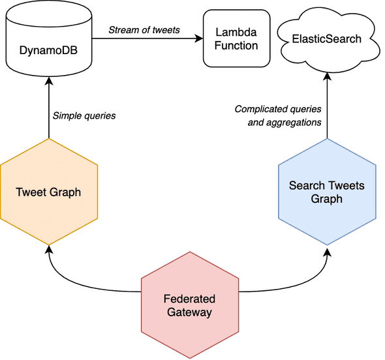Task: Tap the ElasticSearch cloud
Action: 326,39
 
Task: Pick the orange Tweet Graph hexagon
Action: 49,192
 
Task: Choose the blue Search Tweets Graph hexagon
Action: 326,192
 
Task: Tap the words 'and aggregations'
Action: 285,122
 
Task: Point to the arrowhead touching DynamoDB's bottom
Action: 49,78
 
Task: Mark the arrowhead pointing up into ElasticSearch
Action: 326,76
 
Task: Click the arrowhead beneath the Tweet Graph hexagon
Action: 49,249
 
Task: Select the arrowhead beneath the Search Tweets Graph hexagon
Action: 326,249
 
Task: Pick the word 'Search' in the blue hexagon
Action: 305,186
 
